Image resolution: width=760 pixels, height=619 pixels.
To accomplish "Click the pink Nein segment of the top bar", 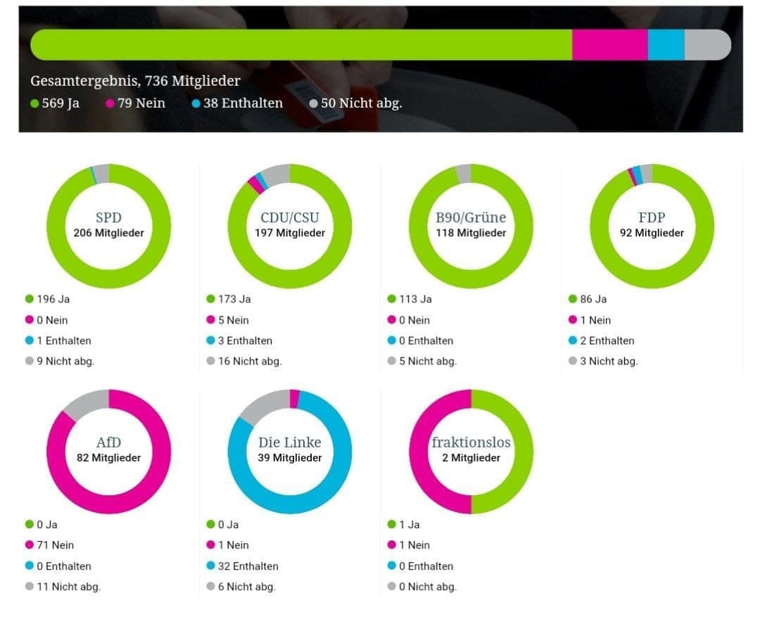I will [609, 45].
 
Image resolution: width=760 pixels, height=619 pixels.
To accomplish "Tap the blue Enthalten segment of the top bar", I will [666, 45].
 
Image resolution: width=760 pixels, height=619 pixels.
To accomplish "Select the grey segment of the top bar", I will [706, 45].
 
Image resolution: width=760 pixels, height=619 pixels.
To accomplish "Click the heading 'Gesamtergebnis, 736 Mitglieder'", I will [135, 81].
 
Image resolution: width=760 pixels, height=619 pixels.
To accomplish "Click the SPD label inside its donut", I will [108, 217].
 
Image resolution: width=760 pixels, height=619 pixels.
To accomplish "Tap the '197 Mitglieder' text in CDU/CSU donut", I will [290, 233].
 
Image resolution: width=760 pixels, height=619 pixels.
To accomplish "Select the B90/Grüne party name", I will [471, 217].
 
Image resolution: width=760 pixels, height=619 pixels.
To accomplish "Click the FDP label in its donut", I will [652, 217].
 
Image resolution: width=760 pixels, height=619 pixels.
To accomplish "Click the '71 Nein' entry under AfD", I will [55, 545].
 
